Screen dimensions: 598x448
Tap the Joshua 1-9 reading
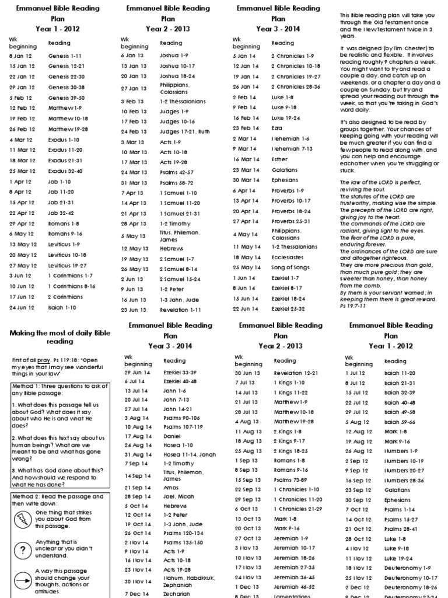coord(174,55)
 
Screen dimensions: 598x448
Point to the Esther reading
coord(280,159)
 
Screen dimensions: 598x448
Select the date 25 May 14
coord(244,267)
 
